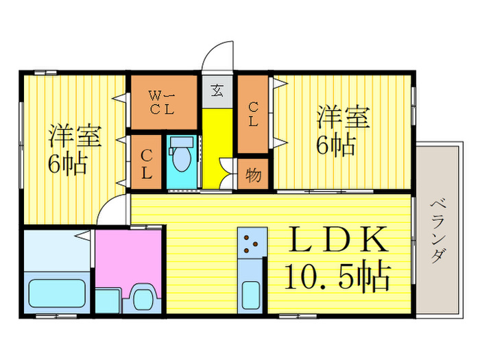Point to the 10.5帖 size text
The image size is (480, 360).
point(337,277)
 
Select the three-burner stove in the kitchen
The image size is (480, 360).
point(252,241)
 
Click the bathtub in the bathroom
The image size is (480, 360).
point(58,293)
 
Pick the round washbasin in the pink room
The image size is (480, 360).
point(143,299)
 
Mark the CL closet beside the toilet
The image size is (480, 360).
point(146,165)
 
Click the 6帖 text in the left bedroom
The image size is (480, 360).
point(67,165)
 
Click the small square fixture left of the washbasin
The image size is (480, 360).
point(106,300)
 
